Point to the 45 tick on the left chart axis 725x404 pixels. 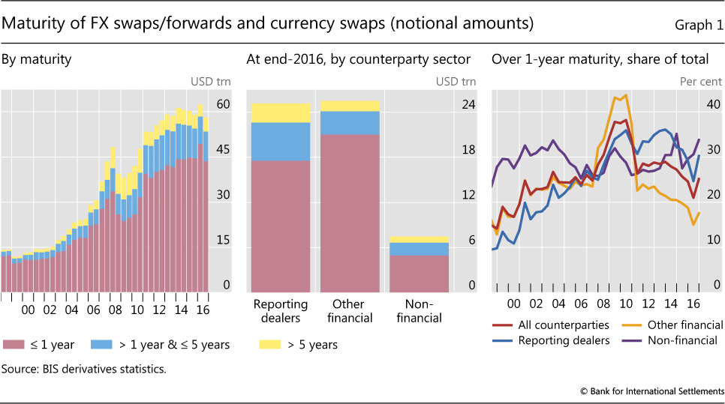pos(223,151)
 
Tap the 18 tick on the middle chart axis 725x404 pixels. pos(468,151)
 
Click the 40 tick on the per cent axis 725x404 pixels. pos(714,106)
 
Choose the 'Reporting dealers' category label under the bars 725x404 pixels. pos(281,311)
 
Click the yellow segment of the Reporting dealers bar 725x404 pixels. pos(281,112)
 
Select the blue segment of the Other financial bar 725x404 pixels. pos(350,122)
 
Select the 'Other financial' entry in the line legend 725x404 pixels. pos(684,325)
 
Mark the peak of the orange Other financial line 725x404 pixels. pos(625,95)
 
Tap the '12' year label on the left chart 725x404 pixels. pos(159,310)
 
